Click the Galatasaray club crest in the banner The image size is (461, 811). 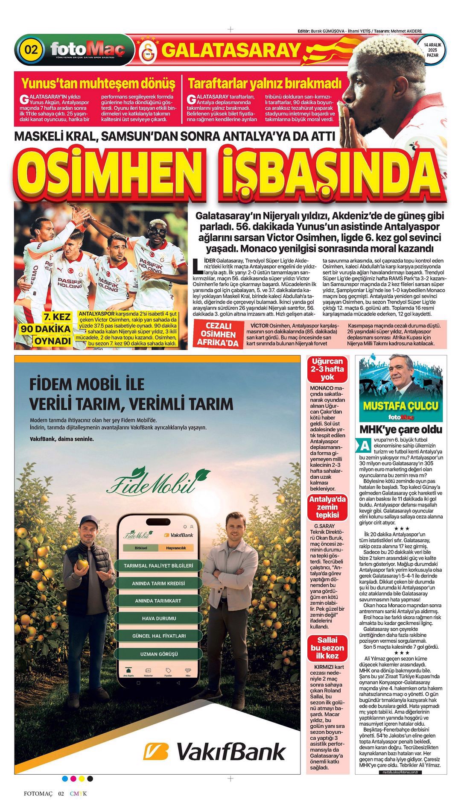tap(148, 50)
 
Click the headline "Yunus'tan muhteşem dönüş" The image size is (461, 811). tap(98, 83)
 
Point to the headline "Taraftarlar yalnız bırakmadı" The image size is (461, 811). tap(265, 83)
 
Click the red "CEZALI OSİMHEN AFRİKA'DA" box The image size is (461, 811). tap(219, 334)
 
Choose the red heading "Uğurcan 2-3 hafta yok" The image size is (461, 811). tap(327, 369)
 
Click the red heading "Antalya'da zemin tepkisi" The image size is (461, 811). tap(327, 507)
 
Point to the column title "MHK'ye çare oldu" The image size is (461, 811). tap(401, 429)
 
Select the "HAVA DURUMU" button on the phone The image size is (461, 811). tap(159, 618)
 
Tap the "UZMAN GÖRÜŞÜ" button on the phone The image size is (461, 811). tap(159, 654)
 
